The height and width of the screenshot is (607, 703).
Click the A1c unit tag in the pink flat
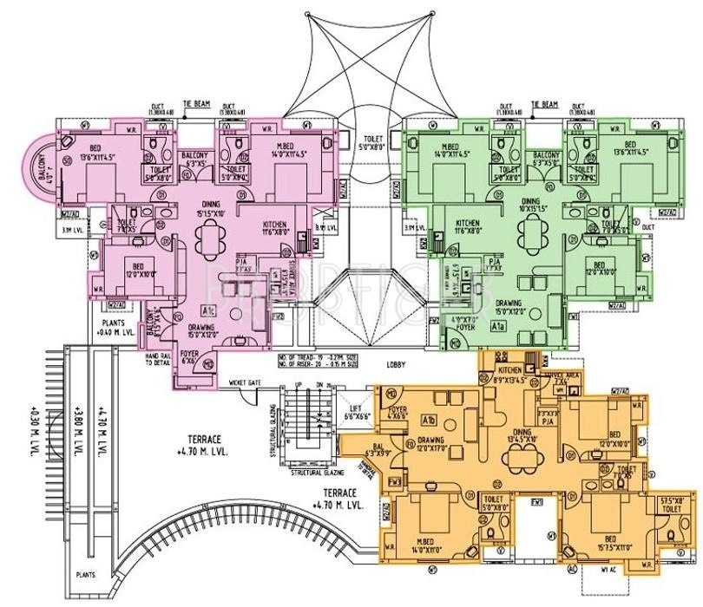click(209, 310)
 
